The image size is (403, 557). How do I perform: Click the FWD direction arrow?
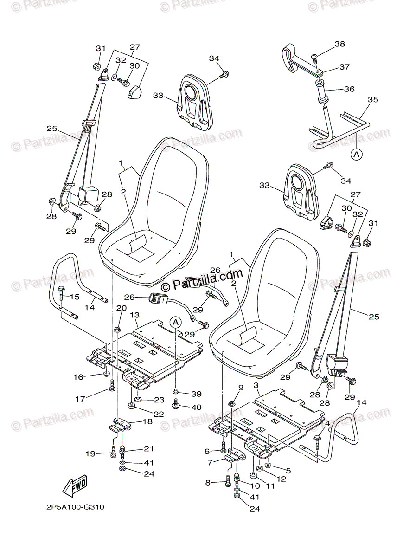(x=75, y=486)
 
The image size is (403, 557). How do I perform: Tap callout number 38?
(x=340, y=45)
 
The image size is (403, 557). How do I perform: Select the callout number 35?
(x=373, y=100)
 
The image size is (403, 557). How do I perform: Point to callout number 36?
(x=349, y=89)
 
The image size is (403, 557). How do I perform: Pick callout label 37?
(x=344, y=67)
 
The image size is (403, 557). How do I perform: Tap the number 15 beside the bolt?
(x=75, y=297)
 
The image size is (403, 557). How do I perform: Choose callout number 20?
(x=121, y=308)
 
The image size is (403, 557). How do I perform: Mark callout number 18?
(x=147, y=422)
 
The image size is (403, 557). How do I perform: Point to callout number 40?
(x=196, y=407)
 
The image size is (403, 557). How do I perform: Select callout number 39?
(x=196, y=394)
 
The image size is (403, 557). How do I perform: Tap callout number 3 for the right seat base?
(x=256, y=385)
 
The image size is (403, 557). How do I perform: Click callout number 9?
(x=241, y=388)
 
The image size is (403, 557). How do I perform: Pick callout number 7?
(x=210, y=462)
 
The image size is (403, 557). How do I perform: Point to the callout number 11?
(x=270, y=486)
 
